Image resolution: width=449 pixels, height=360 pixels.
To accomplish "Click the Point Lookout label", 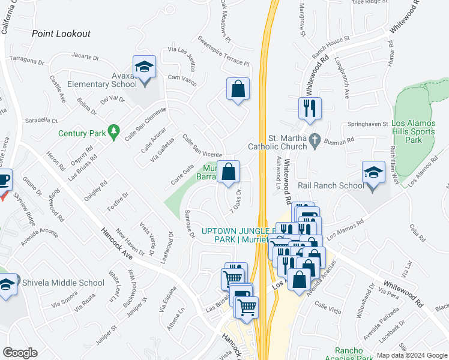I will point(62,34).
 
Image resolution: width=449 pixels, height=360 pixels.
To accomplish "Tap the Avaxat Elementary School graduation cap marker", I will point(144,67).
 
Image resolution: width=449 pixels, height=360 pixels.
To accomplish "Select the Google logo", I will point(20,353).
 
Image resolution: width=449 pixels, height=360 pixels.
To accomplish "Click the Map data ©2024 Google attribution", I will point(411,355).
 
